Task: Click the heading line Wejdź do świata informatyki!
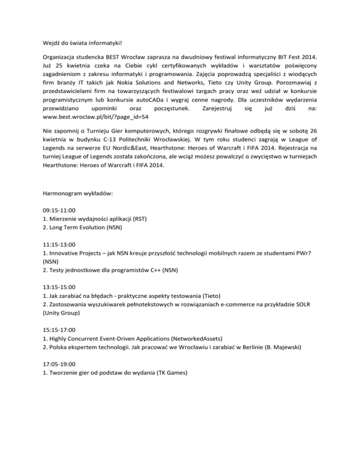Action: (83, 46)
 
